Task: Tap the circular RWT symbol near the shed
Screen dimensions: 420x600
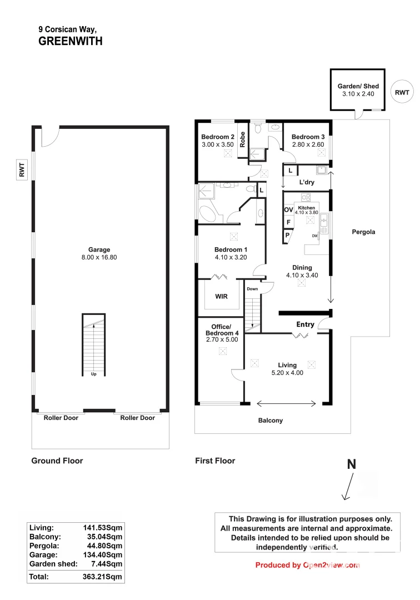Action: [x=402, y=92]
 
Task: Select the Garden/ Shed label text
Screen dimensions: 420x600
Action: [x=358, y=90]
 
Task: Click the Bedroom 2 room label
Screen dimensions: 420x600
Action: [x=217, y=141]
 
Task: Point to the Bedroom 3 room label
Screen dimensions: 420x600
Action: [x=308, y=141]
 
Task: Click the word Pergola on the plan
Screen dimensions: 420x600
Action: [x=363, y=232]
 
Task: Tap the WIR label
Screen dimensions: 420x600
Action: [x=221, y=297]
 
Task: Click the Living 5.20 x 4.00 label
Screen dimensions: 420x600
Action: [x=287, y=369]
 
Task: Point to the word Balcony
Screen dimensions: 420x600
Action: [x=271, y=421]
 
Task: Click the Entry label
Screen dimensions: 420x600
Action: [x=306, y=324]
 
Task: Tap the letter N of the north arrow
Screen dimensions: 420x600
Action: [x=351, y=465]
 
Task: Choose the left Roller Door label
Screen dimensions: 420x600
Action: [x=61, y=418]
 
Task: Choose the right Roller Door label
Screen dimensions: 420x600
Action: [x=138, y=418]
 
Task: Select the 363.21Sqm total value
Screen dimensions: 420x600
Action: [x=102, y=577]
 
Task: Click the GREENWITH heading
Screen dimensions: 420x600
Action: [x=70, y=41]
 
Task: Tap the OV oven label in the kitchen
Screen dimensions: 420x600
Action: [x=288, y=209]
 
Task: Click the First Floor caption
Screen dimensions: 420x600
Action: [x=215, y=461]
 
